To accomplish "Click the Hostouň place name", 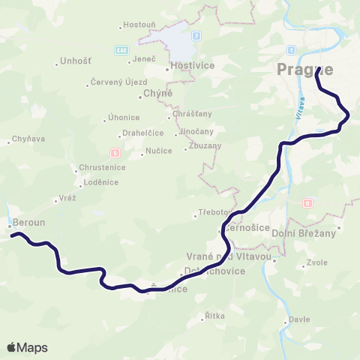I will [x=140, y=25].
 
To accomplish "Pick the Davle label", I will [x=299, y=319].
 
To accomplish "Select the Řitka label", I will [x=215, y=316].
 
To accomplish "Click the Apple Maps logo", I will [x=27, y=347].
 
